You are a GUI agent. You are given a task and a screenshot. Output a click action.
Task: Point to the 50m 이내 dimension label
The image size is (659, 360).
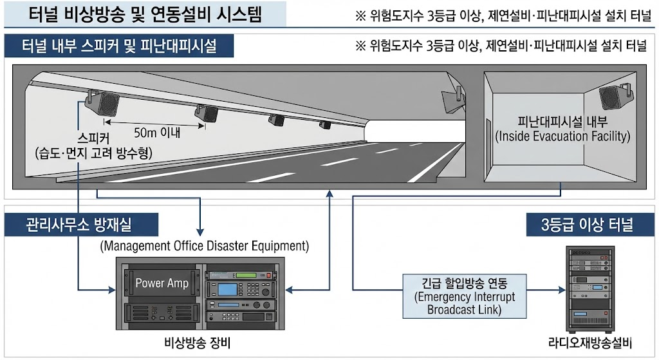click(x=156, y=133)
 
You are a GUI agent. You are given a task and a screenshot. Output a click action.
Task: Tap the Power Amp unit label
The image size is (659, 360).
click(x=162, y=283)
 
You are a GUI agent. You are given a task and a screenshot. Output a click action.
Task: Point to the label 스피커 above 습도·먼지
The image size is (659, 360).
click(x=95, y=138)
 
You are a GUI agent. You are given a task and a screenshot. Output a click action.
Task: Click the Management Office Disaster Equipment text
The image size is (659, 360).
click(x=205, y=246)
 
